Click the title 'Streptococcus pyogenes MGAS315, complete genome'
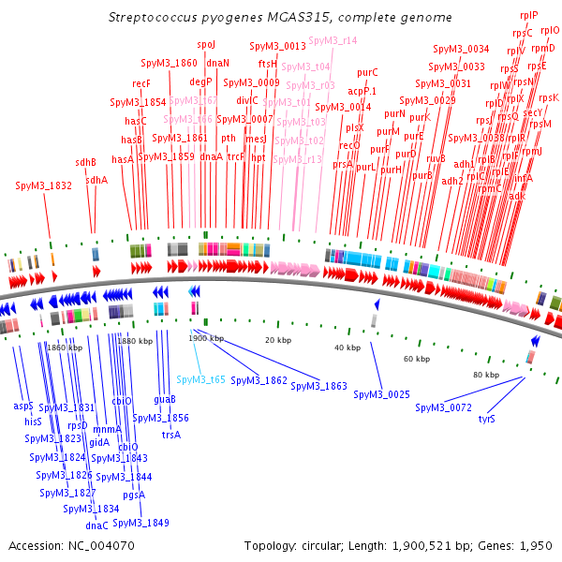click(x=280, y=18)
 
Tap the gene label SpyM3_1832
click(x=44, y=186)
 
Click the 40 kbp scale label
click(x=348, y=348)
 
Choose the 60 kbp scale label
click(x=417, y=359)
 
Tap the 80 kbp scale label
click(x=484, y=375)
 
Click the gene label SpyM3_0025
click(x=382, y=394)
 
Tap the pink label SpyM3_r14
click(x=333, y=41)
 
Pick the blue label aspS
click(x=23, y=406)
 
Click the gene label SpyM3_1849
click(x=141, y=522)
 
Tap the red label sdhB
click(x=86, y=162)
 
